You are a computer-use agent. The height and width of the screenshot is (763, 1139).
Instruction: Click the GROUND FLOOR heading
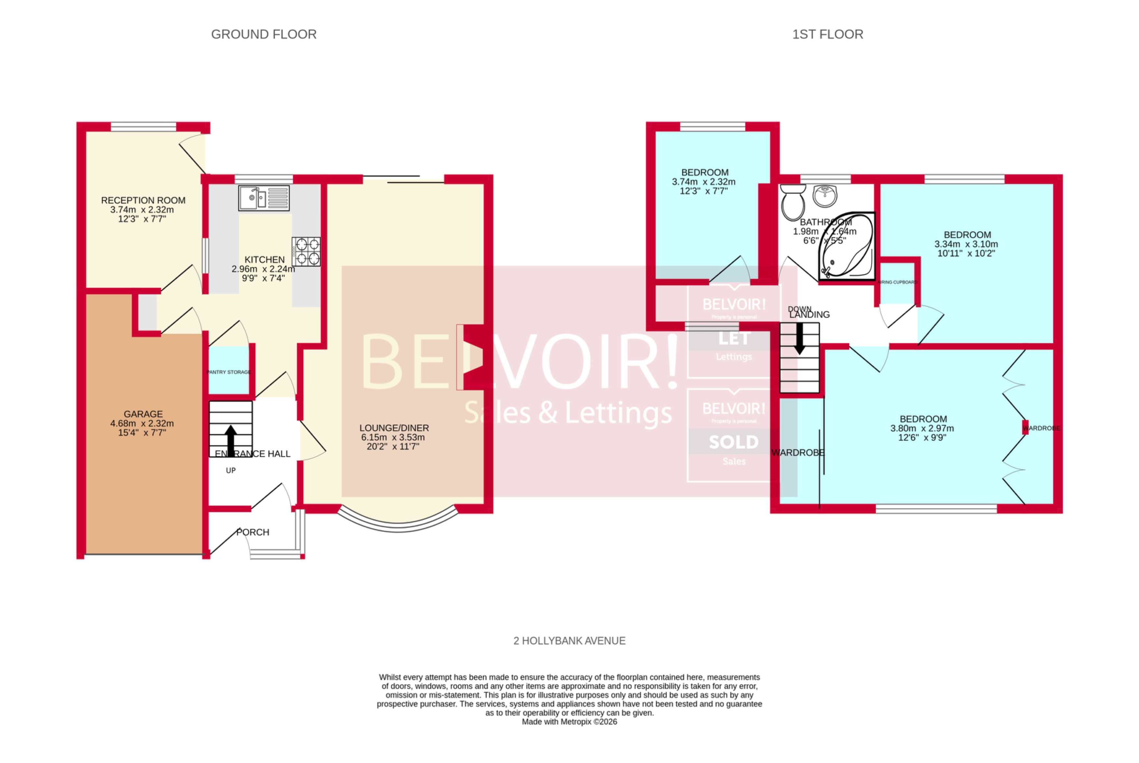pyautogui.click(x=264, y=34)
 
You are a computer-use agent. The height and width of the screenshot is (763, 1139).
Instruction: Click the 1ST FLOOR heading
pyautogui.click(x=827, y=34)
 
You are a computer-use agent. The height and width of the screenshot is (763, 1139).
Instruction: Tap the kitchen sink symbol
pyautogui.click(x=264, y=198)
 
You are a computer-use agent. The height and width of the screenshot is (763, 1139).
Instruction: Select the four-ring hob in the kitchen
pyautogui.click(x=306, y=251)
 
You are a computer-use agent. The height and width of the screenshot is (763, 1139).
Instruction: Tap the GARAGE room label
pyautogui.click(x=143, y=414)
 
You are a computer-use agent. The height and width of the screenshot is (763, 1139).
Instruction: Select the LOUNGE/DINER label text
pyautogui.click(x=394, y=428)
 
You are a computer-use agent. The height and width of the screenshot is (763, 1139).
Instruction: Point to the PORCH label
pyautogui.click(x=253, y=532)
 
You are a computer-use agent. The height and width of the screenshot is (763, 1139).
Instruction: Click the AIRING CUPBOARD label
pyautogui.click(x=897, y=282)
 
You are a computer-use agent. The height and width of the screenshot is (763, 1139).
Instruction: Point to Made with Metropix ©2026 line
pyautogui.click(x=569, y=722)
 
